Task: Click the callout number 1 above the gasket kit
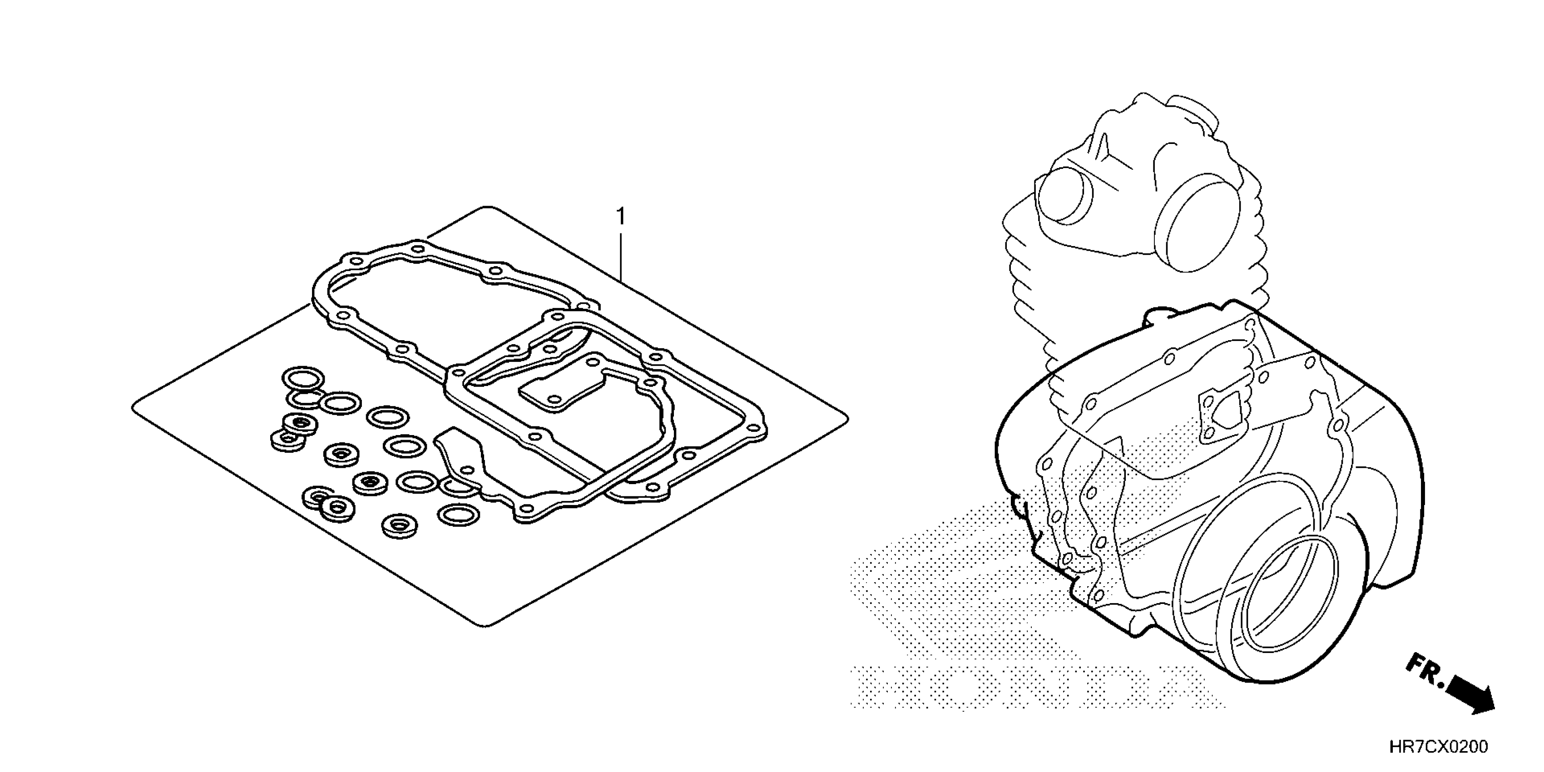621,216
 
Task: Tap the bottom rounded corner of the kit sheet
489,625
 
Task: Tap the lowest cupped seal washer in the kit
400,526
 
